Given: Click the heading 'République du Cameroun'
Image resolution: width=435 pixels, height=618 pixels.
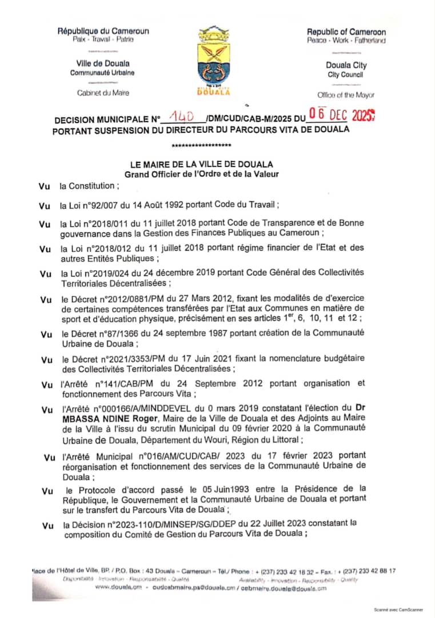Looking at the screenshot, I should pyautogui.click(x=103, y=31).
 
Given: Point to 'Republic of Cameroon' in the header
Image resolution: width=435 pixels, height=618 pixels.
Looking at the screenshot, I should pyautogui.click(x=346, y=32).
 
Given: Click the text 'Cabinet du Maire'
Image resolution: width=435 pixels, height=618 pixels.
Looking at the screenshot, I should pyautogui.click(x=103, y=93).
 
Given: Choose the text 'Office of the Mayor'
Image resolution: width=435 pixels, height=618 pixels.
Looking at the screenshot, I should pyautogui.click(x=346, y=95).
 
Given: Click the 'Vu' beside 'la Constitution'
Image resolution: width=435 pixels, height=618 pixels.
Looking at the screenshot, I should pyautogui.click(x=45, y=185).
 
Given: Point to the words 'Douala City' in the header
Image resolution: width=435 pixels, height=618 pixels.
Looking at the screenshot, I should pyautogui.click(x=346, y=65).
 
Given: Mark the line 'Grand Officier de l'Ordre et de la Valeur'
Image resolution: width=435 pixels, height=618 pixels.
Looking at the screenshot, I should pyautogui.click(x=202, y=174).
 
